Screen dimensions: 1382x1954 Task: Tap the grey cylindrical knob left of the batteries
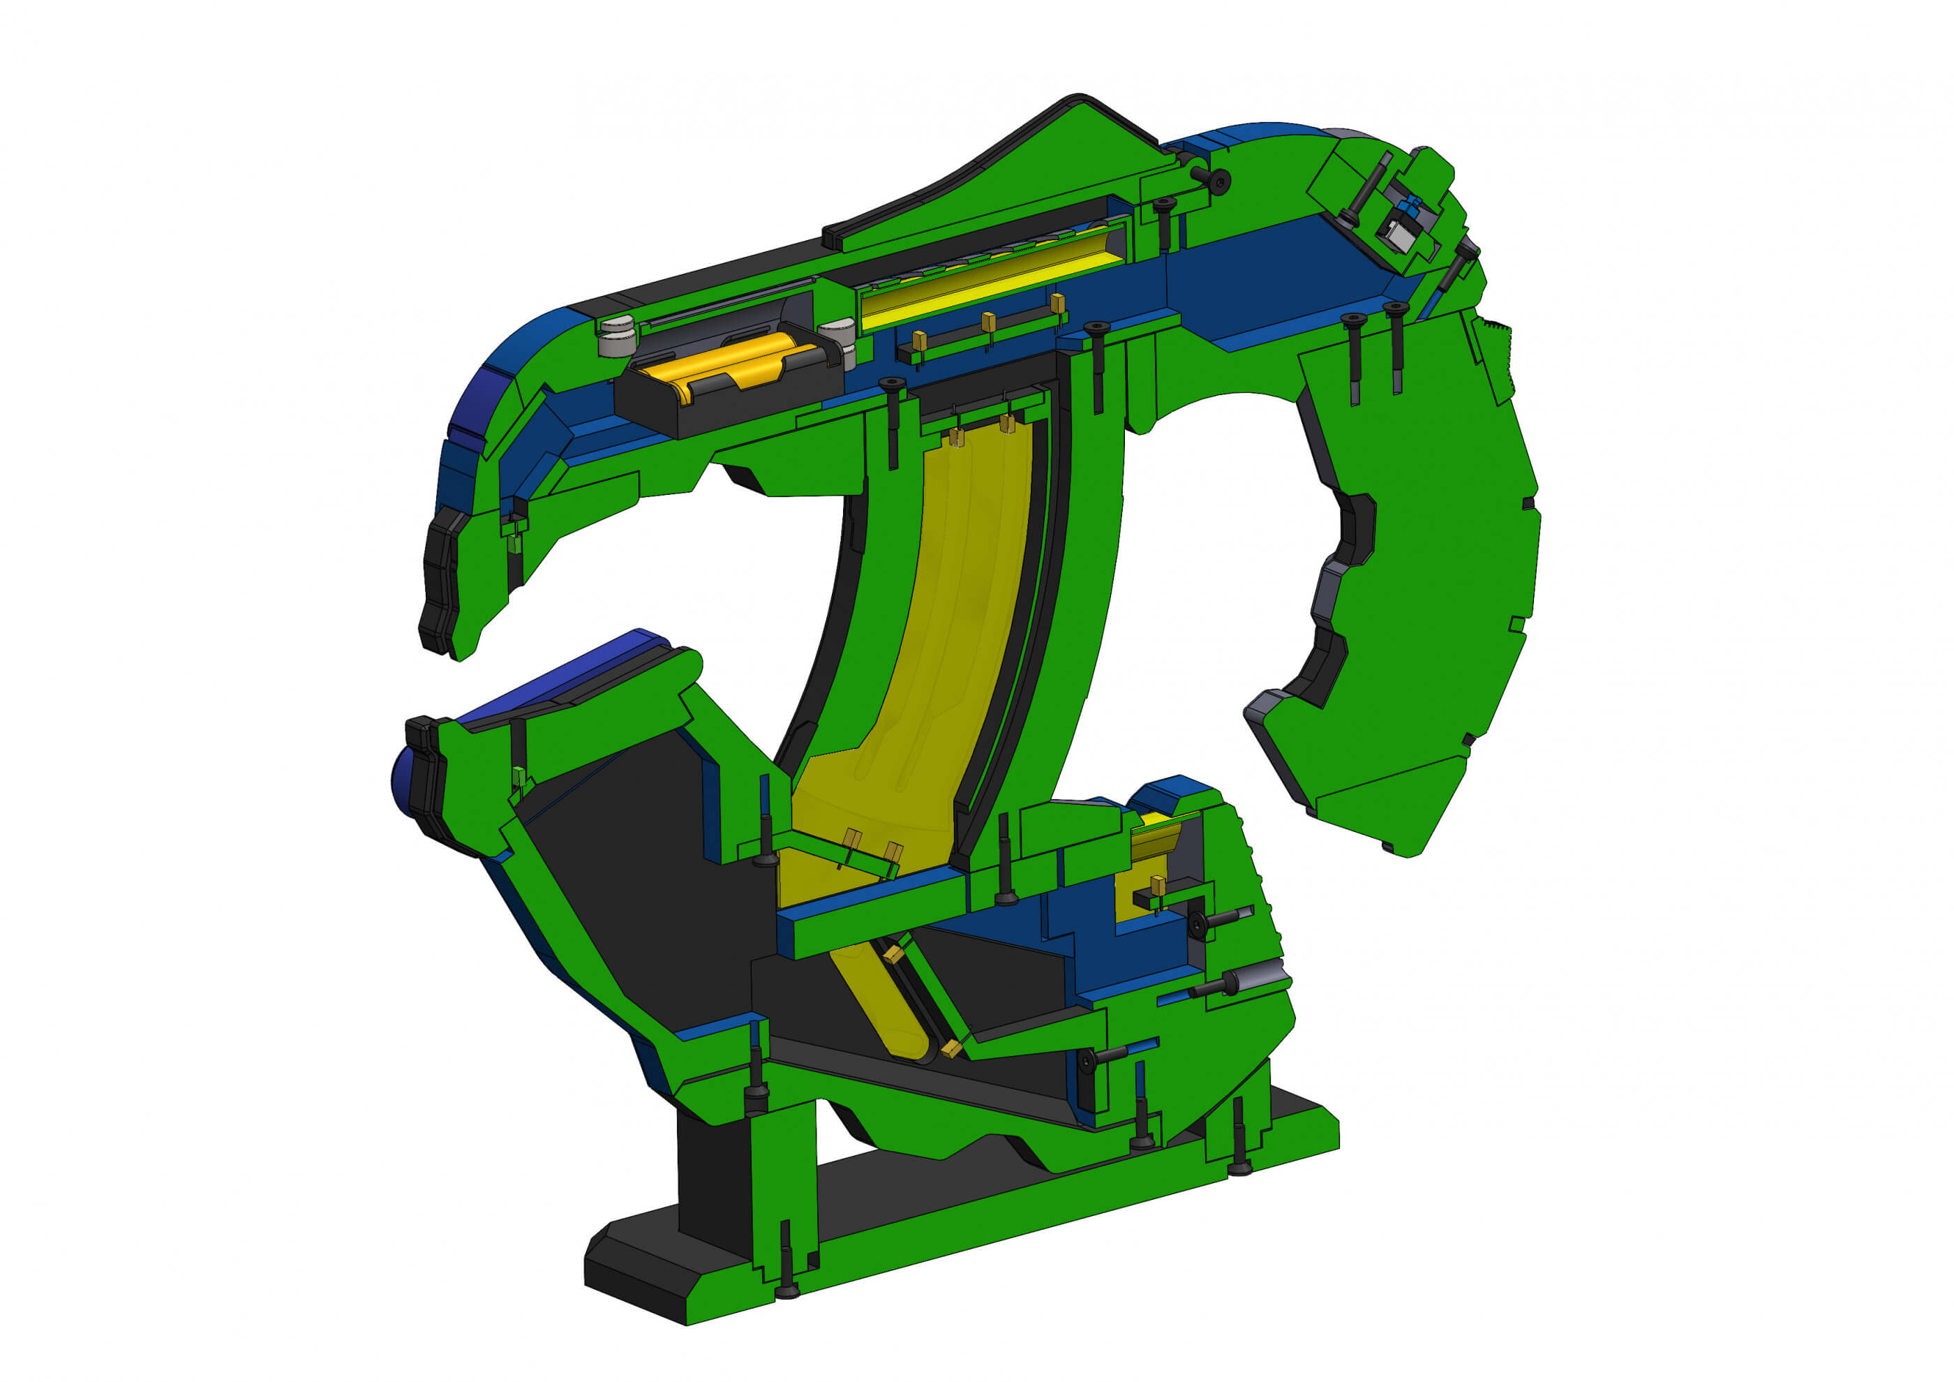(x=618, y=337)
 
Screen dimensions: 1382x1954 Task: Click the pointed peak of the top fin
(x=1079, y=101)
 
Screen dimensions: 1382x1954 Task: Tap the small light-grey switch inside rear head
(x=1396, y=233)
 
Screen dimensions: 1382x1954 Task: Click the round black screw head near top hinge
(x=1218, y=180)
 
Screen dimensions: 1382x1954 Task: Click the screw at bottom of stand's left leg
(x=787, y=1289)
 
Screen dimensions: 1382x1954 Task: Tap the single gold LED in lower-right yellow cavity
(x=1158, y=885)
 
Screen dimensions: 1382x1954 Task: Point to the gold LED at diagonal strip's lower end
(x=951, y=1049)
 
